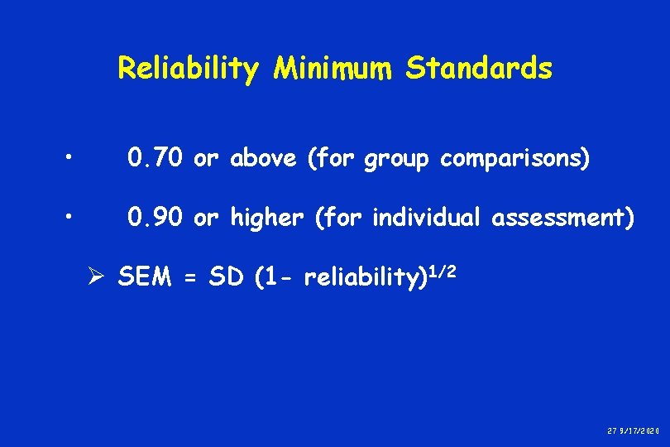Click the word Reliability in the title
coord(188,69)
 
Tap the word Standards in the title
coord(478,68)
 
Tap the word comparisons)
coord(514,160)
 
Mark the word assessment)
coord(563,218)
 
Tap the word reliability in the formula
coord(361,278)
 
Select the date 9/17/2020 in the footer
coord(641,430)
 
